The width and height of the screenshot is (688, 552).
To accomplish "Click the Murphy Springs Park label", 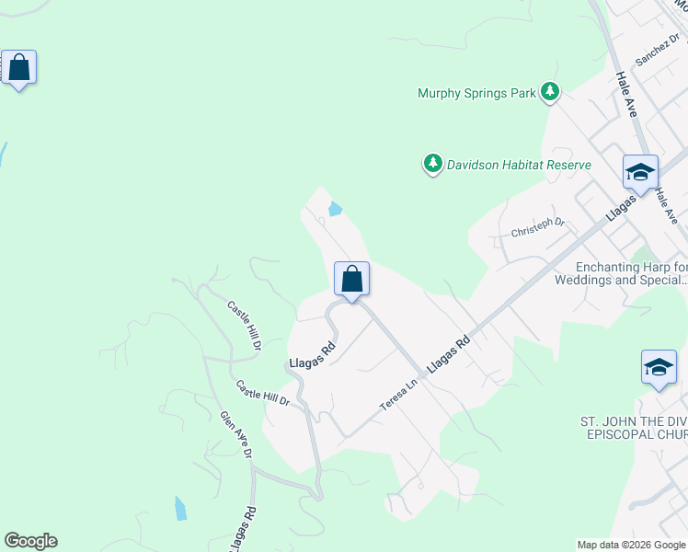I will (x=476, y=93).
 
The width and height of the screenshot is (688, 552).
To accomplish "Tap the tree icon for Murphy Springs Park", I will (x=550, y=91).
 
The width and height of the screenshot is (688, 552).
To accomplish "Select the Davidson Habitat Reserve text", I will (x=519, y=165).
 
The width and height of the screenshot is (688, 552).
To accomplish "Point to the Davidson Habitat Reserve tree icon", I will (x=432, y=164).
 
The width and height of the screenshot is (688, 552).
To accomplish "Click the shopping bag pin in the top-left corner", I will (x=18, y=68).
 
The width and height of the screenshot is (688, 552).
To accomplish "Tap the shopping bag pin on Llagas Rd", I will (x=351, y=279).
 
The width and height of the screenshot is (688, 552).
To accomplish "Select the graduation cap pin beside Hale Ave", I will (x=640, y=172).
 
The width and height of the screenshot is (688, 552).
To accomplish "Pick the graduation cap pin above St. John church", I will (x=659, y=367).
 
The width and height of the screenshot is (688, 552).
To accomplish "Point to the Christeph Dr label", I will (x=537, y=227).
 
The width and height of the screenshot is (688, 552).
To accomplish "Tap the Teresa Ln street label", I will (x=400, y=393).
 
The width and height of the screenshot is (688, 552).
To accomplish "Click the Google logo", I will (x=30, y=541).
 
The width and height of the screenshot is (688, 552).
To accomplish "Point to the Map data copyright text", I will (x=631, y=545).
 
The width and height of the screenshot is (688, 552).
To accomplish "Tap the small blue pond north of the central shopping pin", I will (x=335, y=209).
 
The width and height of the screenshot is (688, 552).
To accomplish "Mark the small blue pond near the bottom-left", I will (x=180, y=508).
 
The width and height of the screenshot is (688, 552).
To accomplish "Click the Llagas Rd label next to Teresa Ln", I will (x=448, y=353).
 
